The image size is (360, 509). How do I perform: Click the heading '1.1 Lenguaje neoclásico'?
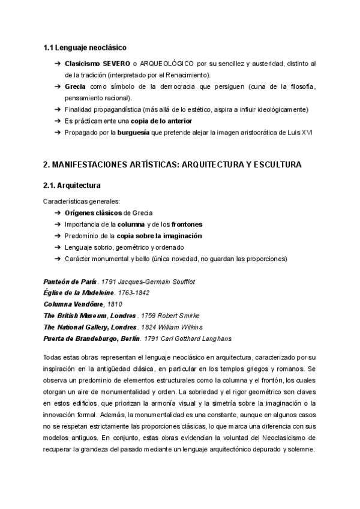85,47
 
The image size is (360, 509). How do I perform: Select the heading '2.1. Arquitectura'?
72,185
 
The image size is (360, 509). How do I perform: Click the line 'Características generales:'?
81,201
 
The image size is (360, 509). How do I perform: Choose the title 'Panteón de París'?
69,282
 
